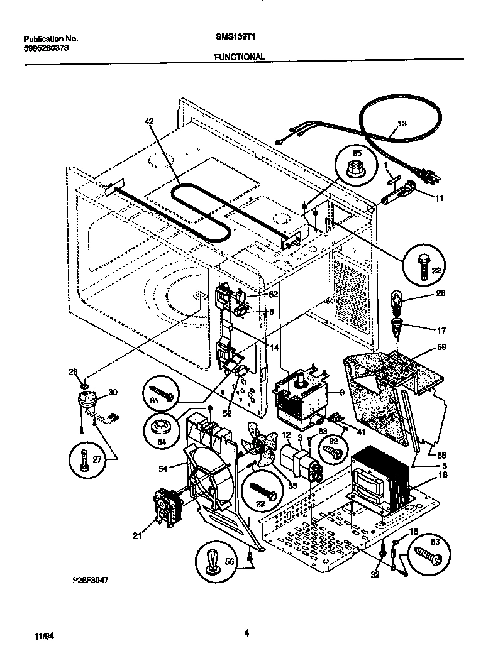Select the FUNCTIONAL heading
[x=240, y=56]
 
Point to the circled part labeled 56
[x=214, y=559]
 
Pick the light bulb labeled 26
[x=398, y=298]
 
